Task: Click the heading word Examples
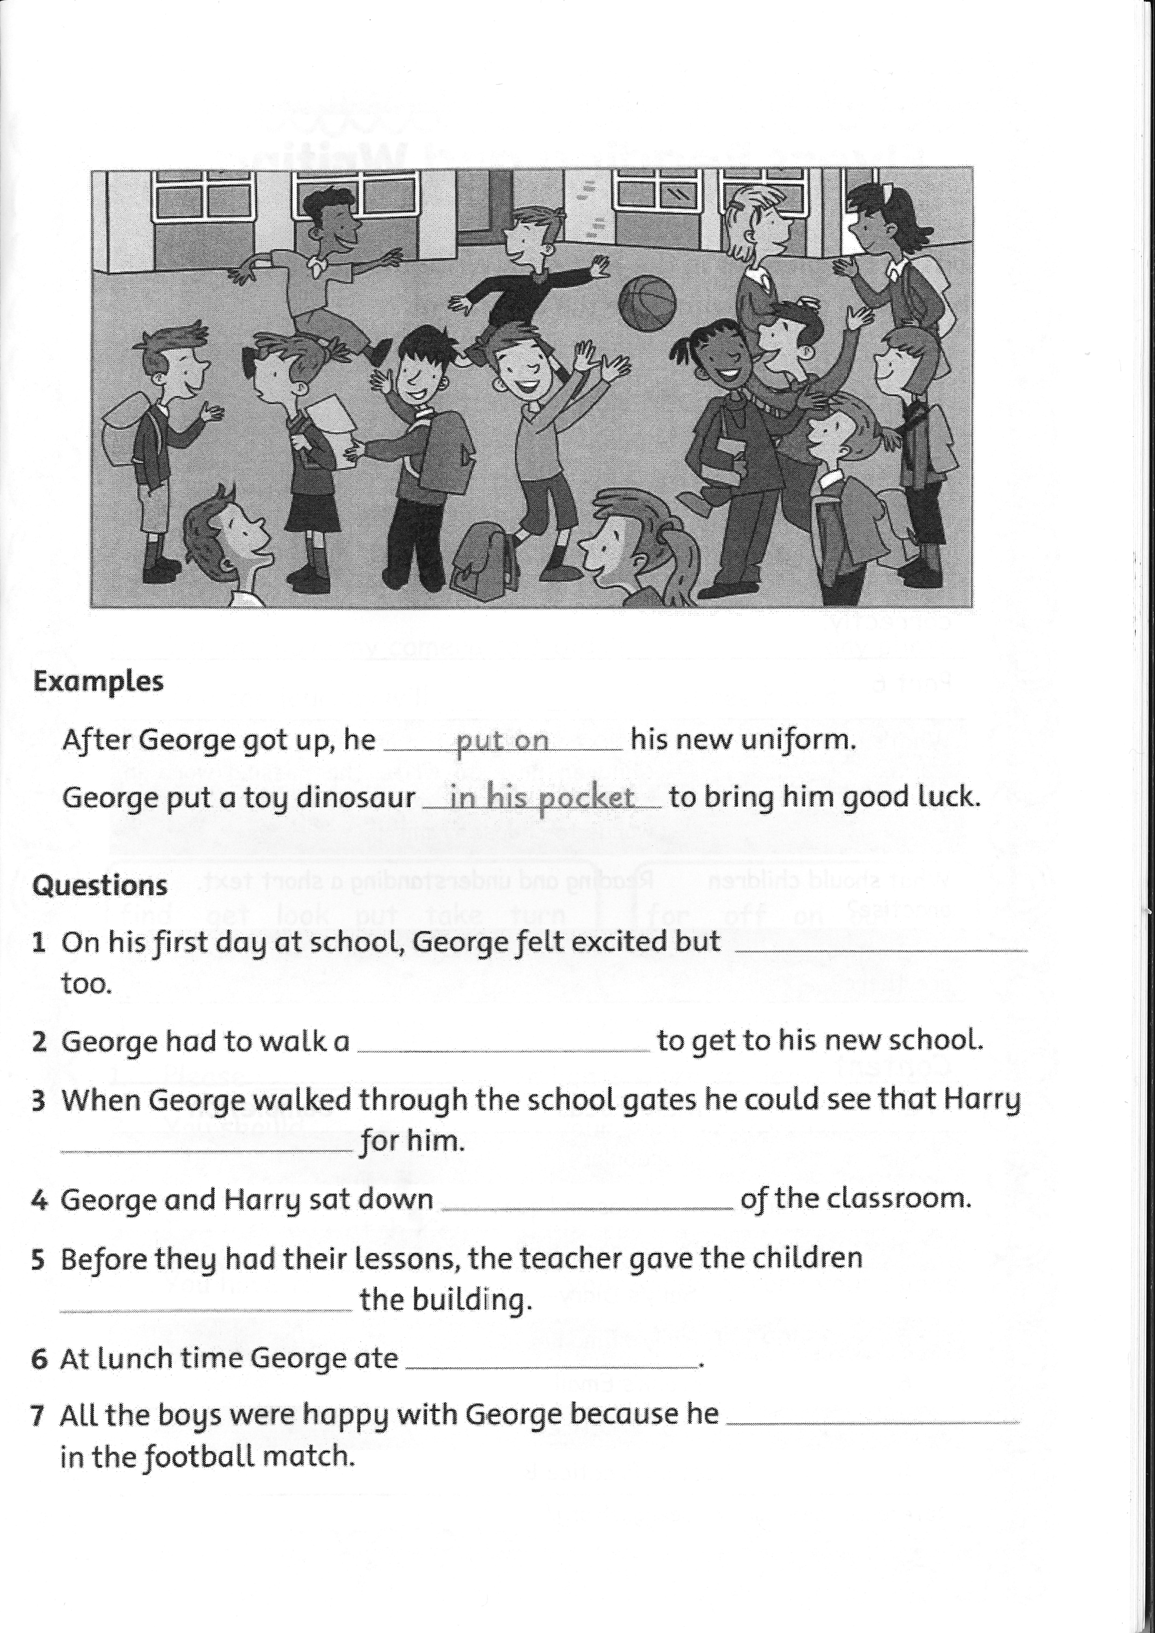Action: [98, 681]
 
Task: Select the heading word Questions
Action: [100, 885]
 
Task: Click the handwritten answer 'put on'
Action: [502, 740]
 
